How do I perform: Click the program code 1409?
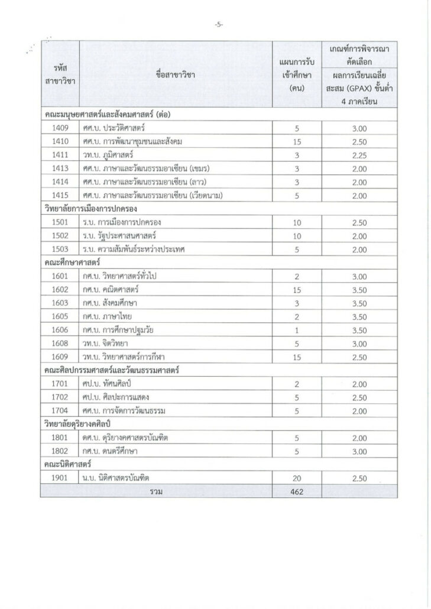pos(60,128)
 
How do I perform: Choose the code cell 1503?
pos(60,249)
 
